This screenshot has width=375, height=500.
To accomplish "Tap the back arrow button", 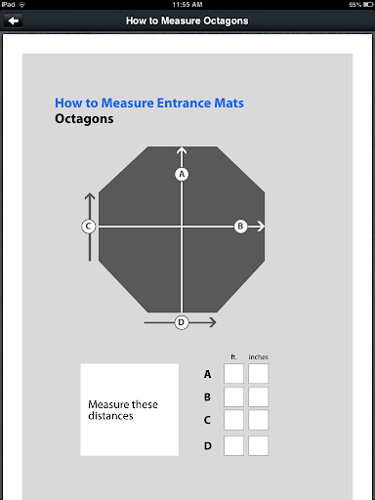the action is pyautogui.click(x=13, y=21).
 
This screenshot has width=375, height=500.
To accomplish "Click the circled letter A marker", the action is pyautogui.click(x=182, y=174).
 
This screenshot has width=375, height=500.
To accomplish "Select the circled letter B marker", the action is pyautogui.click(x=240, y=226).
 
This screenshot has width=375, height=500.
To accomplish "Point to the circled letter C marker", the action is pyautogui.click(x=88, y=226).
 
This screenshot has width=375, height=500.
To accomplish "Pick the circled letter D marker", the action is pyautogui.click(x=182, y=322).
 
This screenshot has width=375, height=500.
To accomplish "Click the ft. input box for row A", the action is pyautogui.click(x=233, y=373).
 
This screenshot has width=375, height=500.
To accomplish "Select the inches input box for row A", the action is pyautogui.click(x=259, y=373).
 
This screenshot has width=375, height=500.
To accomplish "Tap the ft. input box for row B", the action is pyautogui.click(x=233, y=396).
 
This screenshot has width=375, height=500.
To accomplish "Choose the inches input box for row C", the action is pyautogui.click(x=259, y=420).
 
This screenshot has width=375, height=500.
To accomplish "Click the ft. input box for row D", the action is pyautogui.click(x=233, y=445).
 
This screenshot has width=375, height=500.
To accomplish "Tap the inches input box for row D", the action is pyautogui.click(x=259, y=445).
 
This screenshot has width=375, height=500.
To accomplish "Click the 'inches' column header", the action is pyautogui.click(x=259, y=357).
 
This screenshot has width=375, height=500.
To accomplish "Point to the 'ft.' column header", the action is pyautogui.click(x=233, y=357).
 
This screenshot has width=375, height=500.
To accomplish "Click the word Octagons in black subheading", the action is pyautogui.click(x=84, y=119).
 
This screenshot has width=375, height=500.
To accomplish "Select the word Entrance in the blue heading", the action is pyautogui.click(x=184, y=104).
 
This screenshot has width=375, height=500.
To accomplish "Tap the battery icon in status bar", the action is pyautogui.click(x=368, y=5).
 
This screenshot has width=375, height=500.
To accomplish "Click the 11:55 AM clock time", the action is pyautogui.click(x=187, y=5).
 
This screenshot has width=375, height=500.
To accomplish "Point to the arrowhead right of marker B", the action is pyautogui.click(x=261, y=226).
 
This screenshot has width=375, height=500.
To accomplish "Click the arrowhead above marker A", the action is pyautogui.click(x=182, y=150).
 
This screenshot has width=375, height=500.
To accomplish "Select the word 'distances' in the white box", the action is pyautogui.click(x=110, y=416).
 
